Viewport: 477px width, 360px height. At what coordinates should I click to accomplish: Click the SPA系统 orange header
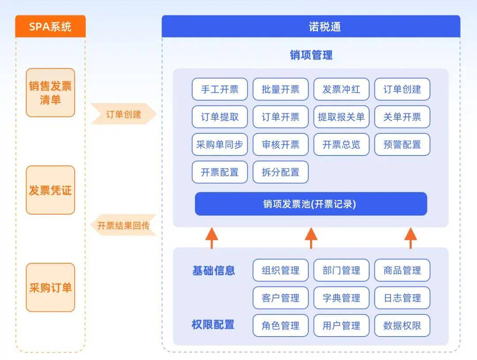pos(50,27)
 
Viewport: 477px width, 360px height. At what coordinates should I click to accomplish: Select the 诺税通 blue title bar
pos(311,27)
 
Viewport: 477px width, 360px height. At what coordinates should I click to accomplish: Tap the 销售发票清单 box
pos(50,93)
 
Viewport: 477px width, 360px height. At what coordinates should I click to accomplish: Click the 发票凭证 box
pos(50,190)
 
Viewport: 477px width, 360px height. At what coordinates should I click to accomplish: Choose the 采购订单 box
pos(50,288)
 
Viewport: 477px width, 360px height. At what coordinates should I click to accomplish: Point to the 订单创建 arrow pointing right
pos(124,114)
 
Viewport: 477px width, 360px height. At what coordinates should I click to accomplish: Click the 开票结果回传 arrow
pos(124,225)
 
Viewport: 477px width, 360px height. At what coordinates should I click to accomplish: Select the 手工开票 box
pos(220,89)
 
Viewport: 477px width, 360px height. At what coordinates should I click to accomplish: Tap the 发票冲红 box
pos(341,89)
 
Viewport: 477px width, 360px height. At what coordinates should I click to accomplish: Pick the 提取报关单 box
pos(341,117)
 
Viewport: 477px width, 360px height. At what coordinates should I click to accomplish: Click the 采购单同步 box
pos(220,144)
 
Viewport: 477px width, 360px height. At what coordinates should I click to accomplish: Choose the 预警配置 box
pos(402,144)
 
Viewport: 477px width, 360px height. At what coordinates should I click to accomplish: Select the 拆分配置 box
pos(280,172)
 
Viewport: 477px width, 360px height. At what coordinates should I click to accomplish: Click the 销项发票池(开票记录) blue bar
pos(311,204)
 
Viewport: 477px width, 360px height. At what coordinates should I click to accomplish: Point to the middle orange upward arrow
pos(311,238)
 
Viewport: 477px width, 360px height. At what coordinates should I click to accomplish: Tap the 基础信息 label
pos(214,270)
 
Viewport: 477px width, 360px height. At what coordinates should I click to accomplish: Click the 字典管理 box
pos(341,298)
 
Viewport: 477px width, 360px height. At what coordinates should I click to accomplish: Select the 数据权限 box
pos(402,326)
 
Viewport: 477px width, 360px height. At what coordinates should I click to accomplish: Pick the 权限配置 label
pos(213,325)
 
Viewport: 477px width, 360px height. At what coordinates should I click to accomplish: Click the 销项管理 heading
pos(311,55)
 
